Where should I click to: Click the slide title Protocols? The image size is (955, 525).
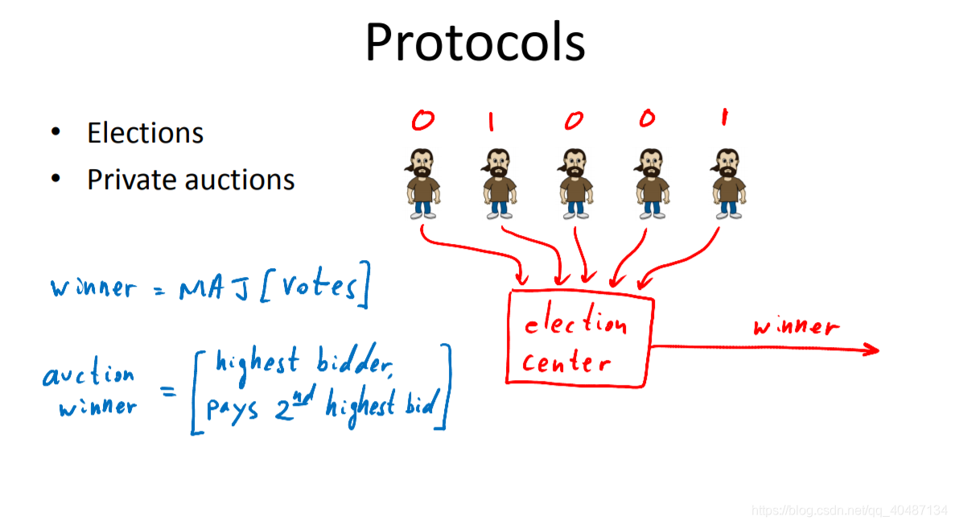(x=475, y=42)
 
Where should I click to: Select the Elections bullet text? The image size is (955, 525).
(x=145, y=133)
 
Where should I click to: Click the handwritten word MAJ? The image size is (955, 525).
(x=208, y=287)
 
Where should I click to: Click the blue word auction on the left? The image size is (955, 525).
(x=89, y=375)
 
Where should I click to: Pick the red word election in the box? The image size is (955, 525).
(x=574, y=324)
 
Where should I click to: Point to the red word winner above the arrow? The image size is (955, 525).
(x=796, y=326)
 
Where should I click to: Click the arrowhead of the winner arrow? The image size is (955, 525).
(x=871, y=349)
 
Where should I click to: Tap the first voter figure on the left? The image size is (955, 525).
(x=422, y=183)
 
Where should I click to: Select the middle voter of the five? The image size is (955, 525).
(x=575, y=183)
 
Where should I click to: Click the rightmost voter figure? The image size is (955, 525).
(x=728, y=183)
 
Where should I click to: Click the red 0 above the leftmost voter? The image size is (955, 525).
(x=422, y=121)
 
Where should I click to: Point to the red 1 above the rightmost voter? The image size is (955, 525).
(x=723, y=118)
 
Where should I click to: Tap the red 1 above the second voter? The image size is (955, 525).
(x=492, y=122)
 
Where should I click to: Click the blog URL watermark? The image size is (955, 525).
(x=849, y=511)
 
